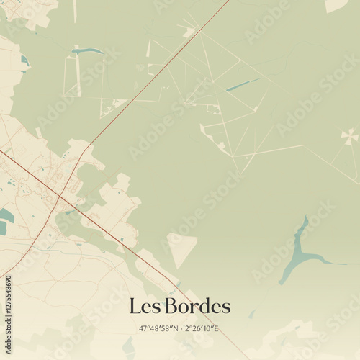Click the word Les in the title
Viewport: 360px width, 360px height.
[145, 306]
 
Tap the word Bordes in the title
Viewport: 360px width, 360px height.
[198, 306]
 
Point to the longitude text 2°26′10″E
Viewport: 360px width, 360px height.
[202, 328]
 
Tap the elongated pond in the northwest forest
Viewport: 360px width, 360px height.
[88, 51]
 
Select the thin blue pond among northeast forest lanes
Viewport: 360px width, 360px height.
[241, 86]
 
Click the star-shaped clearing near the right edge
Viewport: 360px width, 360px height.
[349, 136]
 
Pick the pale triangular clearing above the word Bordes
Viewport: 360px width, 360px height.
[181, 247]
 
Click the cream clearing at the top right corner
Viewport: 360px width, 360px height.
[336, 5]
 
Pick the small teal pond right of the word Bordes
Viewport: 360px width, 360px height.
[251, 314]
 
